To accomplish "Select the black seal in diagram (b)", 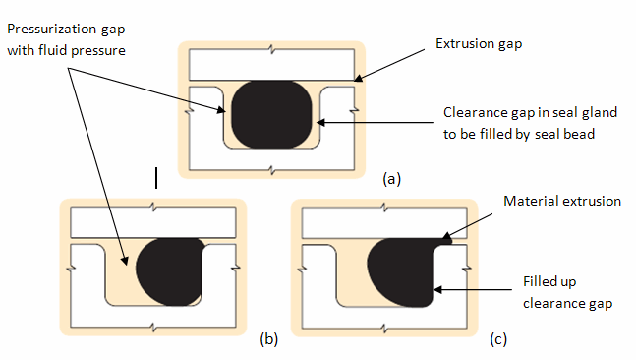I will point(169,272).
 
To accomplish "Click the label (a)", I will point(392,179).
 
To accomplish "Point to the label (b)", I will point(268,340).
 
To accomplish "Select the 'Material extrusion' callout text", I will point(561,201).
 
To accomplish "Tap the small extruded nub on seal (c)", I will point(447,237).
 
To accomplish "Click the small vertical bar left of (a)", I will point(155,177).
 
